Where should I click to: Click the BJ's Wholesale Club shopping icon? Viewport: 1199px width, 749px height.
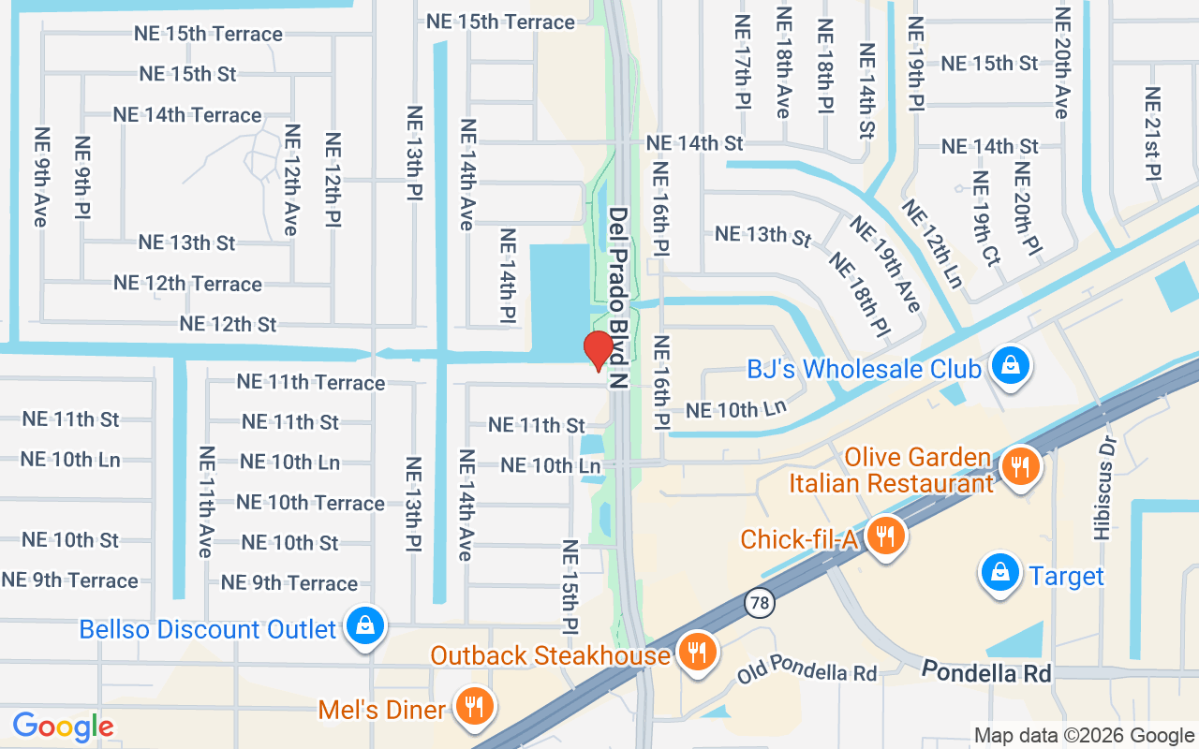tap(1012, 366)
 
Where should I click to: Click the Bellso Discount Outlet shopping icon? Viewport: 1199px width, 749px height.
tap(364, 626)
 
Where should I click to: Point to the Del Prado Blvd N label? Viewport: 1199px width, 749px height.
tap(617, 298)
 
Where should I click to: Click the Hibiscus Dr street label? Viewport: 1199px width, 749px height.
tap(1103, 486)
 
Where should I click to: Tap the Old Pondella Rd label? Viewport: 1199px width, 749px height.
tap(807, 672)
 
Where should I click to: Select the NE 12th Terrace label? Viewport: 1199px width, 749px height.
tap(187, 283)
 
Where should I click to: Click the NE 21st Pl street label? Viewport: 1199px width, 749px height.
tap(1152, 134)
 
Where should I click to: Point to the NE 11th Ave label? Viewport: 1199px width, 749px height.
tap(205, 502)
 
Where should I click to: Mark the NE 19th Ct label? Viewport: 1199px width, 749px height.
tap(985, 218)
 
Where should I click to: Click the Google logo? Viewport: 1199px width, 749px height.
tap(63, 727)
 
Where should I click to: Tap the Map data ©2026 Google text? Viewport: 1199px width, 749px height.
tap(1084, 736)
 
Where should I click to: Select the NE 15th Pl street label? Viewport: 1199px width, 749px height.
tap(569, 586)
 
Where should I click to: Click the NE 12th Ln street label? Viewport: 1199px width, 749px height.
tap(932, 243)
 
